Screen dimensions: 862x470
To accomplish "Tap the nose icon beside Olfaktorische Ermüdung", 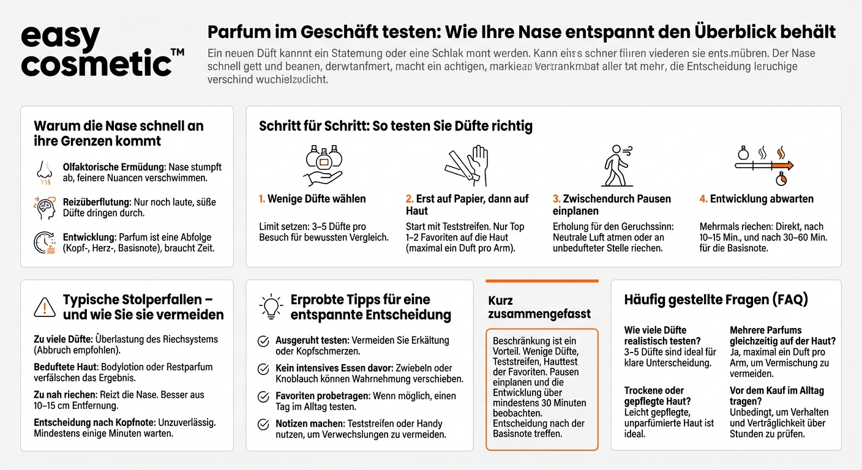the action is (x=45, y=173).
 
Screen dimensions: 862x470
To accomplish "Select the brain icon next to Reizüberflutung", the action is (x=45, y=208).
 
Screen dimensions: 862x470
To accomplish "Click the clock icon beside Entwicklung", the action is (x=45, y=242).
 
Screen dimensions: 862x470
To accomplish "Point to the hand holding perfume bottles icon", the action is (x=323, y=165).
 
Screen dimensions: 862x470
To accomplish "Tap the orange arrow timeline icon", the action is (x=763, y=165).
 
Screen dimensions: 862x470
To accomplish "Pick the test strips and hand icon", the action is (x=467, y=165).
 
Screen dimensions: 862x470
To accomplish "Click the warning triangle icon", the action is (x=45, y=306).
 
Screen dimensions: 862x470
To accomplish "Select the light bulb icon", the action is (x=271, y=306).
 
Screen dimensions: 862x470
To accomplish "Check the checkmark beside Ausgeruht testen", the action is (x=263, y=341).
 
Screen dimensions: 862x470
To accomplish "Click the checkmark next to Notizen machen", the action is (x=263, y=424).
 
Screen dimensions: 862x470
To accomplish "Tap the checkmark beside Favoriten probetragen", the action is (x=263, y=397).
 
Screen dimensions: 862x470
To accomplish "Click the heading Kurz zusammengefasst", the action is (x=539, y=307).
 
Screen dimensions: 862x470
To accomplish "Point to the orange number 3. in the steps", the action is (x=557, y=199).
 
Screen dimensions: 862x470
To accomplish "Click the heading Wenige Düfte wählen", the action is (x=317, y=199).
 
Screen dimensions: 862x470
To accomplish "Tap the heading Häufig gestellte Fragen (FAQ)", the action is (x=716, y=300).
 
